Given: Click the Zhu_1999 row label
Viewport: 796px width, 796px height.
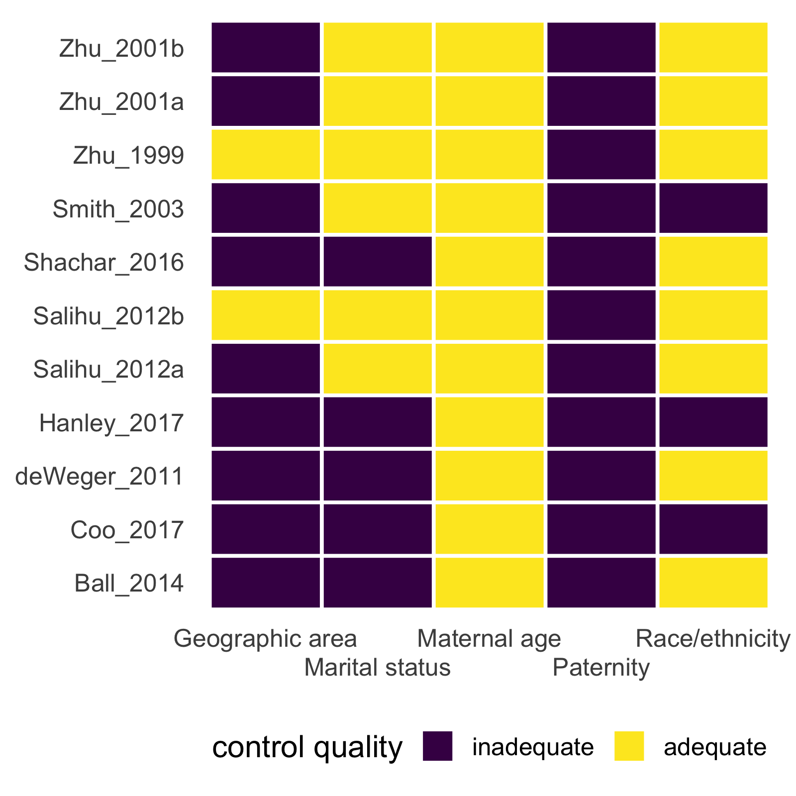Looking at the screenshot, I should [x=128, y=156].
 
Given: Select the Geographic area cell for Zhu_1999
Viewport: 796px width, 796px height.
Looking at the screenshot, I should [x=266, y=154].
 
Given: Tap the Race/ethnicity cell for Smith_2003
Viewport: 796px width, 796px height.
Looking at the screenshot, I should [x=713, y=208].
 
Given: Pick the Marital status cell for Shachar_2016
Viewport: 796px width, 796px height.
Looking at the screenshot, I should [x=378, y=262].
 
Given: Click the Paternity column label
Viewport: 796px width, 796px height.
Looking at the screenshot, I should [x=601, y=668].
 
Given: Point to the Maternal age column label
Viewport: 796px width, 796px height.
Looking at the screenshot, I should [x=489, y=639].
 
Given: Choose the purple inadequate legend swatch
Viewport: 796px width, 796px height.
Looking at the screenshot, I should [x=437, y=746].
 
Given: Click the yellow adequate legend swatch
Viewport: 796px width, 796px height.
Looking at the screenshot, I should [x=629, y=746].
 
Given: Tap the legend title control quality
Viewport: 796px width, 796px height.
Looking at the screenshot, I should [x=307, y=747].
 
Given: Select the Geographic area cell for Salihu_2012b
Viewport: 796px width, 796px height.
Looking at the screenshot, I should [x=266, y=315].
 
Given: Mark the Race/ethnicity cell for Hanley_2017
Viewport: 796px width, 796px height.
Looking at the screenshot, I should [x=713, y=422].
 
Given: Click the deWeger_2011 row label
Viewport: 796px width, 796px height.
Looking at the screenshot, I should [x=99, y=477].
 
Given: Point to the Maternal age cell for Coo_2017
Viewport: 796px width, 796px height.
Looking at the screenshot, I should [x=490, y=529].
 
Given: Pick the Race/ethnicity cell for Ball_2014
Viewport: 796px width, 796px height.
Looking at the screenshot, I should [x=713, y=583].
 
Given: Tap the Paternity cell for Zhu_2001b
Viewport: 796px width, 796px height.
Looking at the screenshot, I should [x=601, y=48].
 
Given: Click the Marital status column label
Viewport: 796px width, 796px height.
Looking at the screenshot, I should [x=377, y=668].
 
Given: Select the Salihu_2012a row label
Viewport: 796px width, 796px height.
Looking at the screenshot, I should [x=108, y=370].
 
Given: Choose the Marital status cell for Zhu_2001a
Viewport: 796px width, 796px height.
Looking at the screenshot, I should [x=378, y=101].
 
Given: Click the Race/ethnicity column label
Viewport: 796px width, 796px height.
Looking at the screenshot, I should [x=712, y=639].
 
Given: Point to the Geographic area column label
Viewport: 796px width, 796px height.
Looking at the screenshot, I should [x=265, y=639].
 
